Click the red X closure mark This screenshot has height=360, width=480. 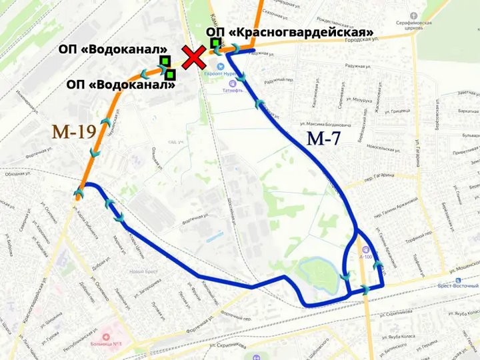click(x=194, y=59)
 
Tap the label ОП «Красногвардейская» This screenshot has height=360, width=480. click(x=289, y=32)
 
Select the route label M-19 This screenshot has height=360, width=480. click(x=74, y=131)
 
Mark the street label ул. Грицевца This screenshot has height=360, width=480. click(x=393, y=111)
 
